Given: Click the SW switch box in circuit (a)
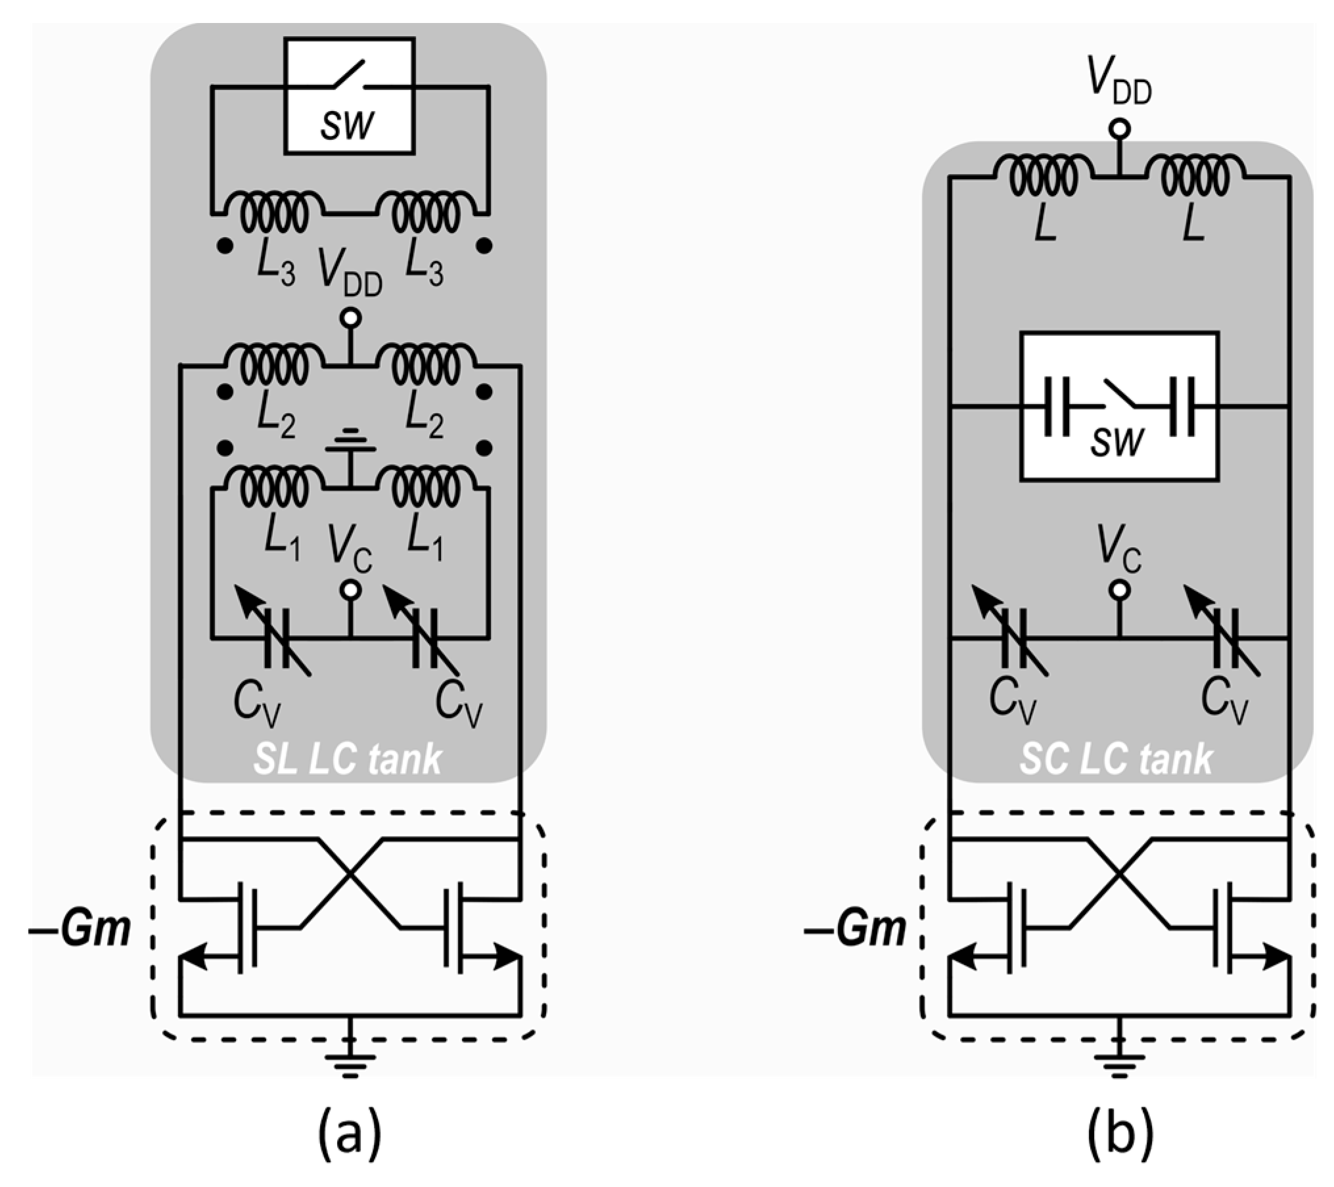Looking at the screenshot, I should click(x=349, y=96).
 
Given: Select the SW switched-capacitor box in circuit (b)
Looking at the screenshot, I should click(x=1118, y=406).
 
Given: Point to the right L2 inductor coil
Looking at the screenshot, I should click(x=426, y=363).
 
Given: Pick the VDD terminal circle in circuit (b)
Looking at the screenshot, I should click(x=1120, y=129).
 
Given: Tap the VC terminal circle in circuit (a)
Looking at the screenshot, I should click(x=350, y=591).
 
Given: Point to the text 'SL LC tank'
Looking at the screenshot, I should click(x=348, y=760).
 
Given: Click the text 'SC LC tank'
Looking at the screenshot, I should click(x=1116, y=760).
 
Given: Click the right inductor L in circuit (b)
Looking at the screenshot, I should click(x=1194, y=176).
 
